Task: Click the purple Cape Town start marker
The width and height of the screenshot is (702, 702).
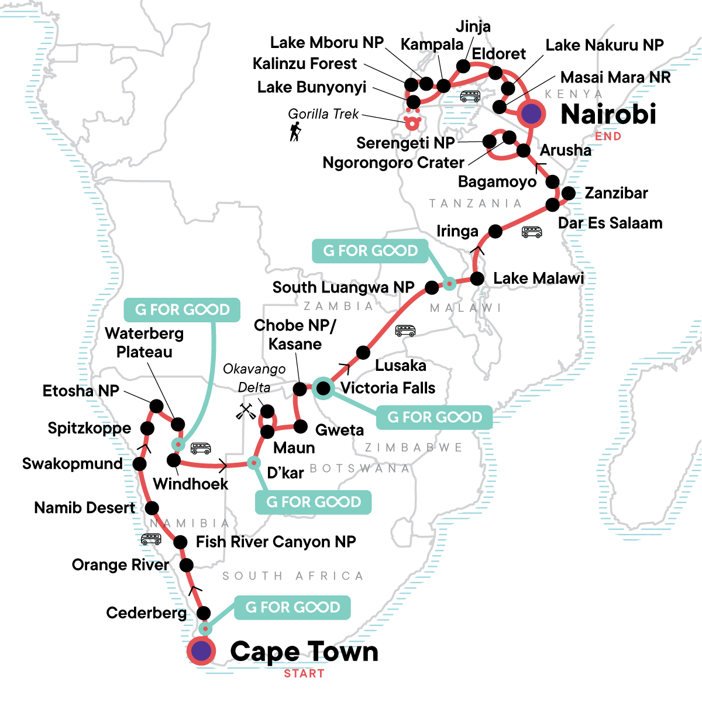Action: (x=201, y=651)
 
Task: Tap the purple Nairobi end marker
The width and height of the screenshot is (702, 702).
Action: (x=531, y=113)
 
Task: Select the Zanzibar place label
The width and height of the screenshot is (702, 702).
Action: (x=616, y=193)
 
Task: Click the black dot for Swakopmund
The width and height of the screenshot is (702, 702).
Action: (x=139, y=464)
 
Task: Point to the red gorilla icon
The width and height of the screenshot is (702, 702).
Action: (x=412, y=122)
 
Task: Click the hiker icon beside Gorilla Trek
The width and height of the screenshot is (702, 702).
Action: (x=295, y=132)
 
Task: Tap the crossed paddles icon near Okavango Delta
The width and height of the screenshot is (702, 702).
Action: (x=246, y=411)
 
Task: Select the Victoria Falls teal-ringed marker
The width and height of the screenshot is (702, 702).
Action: (x=323, y=388)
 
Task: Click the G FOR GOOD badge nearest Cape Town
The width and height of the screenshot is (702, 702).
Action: (x=292, y=607)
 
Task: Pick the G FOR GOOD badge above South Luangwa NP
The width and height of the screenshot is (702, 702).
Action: (x=370, y=251)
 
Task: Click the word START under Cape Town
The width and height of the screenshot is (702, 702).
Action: (x=304, y=674)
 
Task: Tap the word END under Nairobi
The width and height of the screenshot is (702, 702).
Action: (x=608, y=136)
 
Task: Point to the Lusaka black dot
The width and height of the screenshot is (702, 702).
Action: (x=363, y=353)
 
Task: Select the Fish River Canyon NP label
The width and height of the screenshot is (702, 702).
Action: (x=276, y=542)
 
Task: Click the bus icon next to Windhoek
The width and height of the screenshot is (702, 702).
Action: (x=201, y=448)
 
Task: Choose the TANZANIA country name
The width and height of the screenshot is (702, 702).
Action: (x=475, y=203)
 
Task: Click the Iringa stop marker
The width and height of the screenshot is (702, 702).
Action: (x=495, y=231)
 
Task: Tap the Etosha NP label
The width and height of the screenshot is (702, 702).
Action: (x=81, y=391)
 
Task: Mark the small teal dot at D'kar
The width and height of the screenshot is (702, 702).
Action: (x=253, y=463)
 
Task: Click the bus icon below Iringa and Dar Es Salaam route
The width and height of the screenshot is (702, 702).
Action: (x=531, y=232)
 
